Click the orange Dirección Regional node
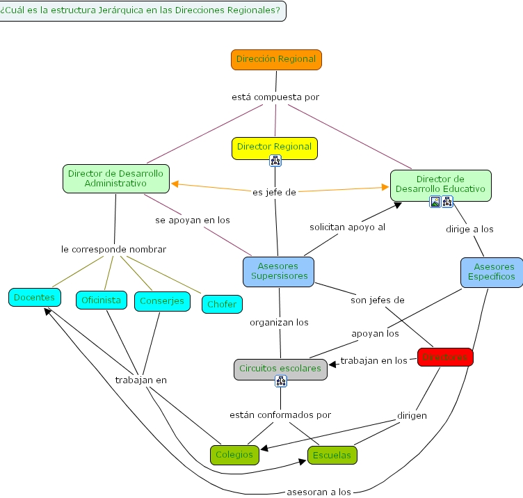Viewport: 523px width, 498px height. click(276, 60)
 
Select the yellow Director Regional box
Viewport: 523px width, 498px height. click(274, 147)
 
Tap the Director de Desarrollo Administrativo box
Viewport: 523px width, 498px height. click(115, 178)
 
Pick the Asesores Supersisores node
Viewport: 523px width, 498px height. click(278, 271)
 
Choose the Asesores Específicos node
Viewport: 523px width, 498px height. click(491, 272)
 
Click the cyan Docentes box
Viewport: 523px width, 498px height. click(34, 297)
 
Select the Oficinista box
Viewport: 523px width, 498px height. click(102, 300)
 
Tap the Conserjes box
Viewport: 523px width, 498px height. click(162, 300)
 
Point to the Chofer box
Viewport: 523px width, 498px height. click(222, 304)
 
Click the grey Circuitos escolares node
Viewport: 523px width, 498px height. click(280, 368)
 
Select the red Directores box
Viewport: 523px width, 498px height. click(445, 358)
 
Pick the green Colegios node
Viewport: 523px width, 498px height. click(234, 455)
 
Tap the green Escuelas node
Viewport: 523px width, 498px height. click(332, 456)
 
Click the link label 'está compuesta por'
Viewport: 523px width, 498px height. click(275, 97)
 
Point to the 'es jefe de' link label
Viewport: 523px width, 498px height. click(275, 193)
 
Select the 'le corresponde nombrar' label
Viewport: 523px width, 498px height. click(114, 249)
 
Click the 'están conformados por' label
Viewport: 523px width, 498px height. click(280, 415)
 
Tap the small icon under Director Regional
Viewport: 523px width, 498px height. click(275, 161)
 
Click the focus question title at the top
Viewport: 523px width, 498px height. click(143, 10)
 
